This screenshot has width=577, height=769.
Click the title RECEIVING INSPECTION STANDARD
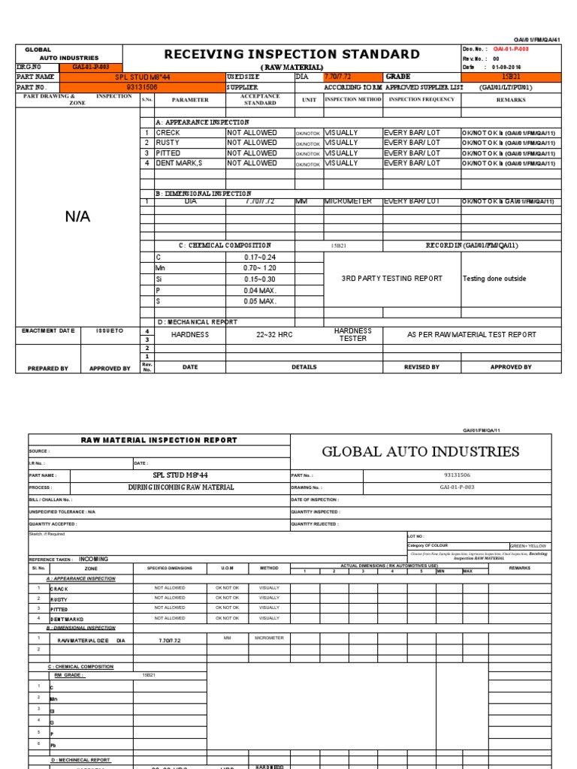(291, 55)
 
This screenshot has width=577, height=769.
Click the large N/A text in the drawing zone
(77, 216)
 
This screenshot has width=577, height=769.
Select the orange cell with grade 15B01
(509, 77)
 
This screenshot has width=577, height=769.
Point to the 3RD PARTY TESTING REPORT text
(391, 279)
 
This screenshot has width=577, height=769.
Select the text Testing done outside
(494, 279)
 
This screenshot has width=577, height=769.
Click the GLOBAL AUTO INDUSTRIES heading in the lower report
(420, 451)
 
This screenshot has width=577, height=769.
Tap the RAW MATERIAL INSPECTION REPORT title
(159, 440)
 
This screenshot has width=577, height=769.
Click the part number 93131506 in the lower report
(457, 475)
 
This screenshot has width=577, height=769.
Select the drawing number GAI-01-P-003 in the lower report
(457, 487)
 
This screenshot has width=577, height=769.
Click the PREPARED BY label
(48, 368)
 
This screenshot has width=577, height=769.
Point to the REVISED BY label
(422, 367)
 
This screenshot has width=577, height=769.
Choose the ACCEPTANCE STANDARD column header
(260, 99)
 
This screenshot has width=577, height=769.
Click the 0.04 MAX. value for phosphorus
(260, 290)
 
